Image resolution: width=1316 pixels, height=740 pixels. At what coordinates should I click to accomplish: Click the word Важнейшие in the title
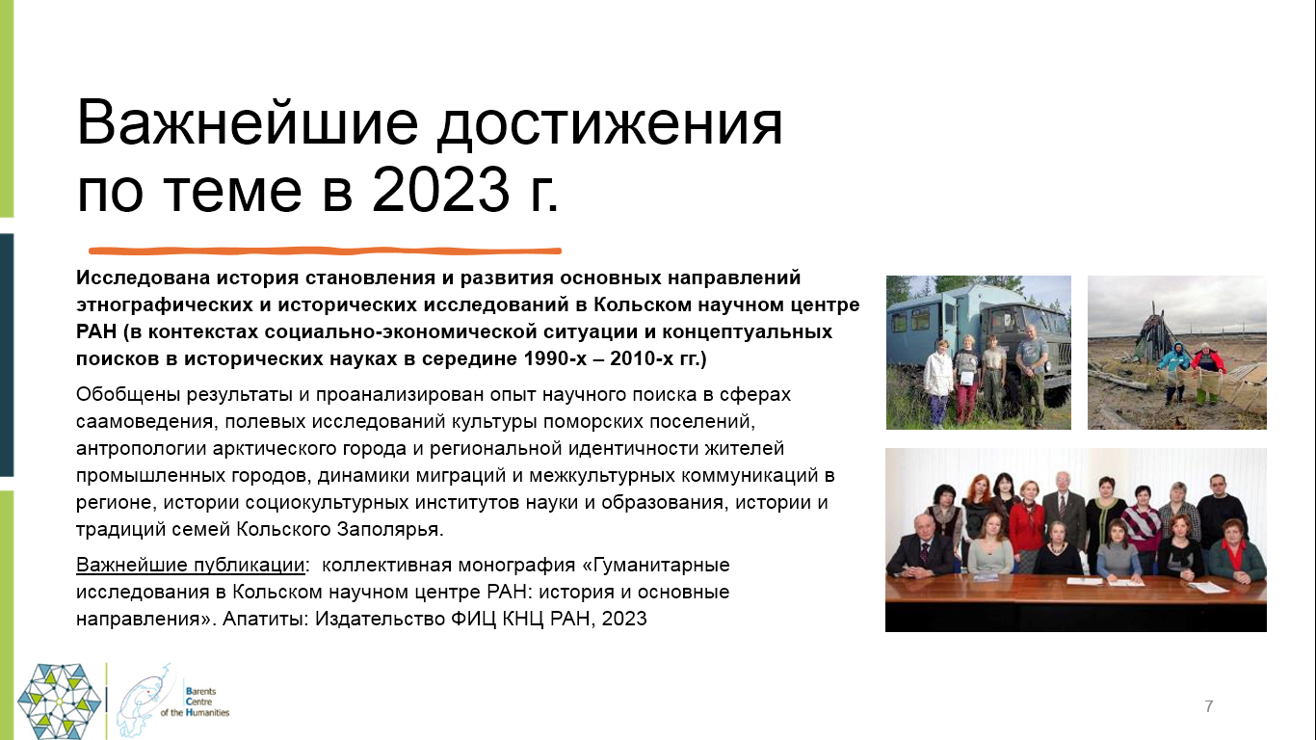pos(248,123)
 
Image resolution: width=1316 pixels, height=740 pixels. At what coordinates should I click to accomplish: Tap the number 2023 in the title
pos(440,190)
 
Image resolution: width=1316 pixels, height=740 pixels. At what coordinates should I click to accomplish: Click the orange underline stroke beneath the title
pos(325,251)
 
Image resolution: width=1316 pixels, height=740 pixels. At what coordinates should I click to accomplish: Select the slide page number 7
pos(1208,706)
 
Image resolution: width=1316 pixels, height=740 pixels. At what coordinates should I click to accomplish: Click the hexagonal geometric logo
pos(60,701)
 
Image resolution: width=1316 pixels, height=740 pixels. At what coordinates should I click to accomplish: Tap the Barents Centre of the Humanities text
pos(195,701)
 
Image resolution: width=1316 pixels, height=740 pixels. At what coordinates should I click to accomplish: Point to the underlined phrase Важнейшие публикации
pos(191,565)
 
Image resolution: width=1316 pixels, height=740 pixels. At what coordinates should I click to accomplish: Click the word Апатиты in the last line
pos(265,619)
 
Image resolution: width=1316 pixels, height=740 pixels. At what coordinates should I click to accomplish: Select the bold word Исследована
pos(143,277)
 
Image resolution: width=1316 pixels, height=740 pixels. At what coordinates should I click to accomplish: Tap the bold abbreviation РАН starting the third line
pos(96,331)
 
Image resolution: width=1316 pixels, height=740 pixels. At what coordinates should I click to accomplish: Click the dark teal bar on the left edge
pos(7,355)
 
